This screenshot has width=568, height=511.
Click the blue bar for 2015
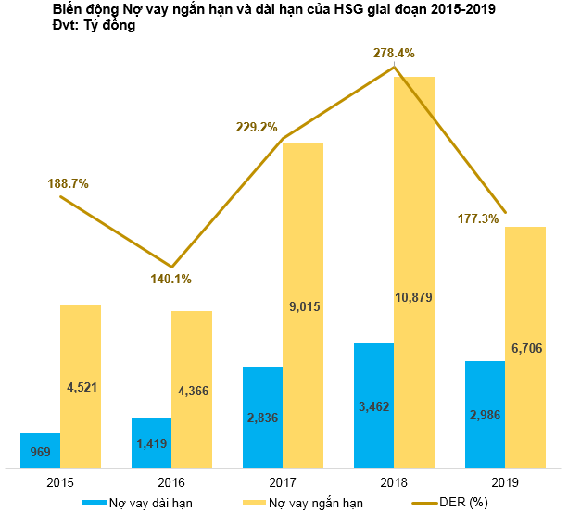tap(40, 450)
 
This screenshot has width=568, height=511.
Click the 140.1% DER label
tap(171, 279)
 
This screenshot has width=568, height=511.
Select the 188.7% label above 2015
tap(68, 183)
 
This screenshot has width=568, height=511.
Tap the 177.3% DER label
tap(478, 218)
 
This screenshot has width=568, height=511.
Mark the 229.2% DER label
tap(257, 127)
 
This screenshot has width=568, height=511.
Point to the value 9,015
tap(303, 305)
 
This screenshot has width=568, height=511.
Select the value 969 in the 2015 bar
tap(40, 453)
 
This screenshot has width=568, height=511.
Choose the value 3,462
tap(373, 405)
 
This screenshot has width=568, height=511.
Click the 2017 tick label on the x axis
tap(283, 482)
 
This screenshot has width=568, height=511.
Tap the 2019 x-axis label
tap(505, 482)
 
